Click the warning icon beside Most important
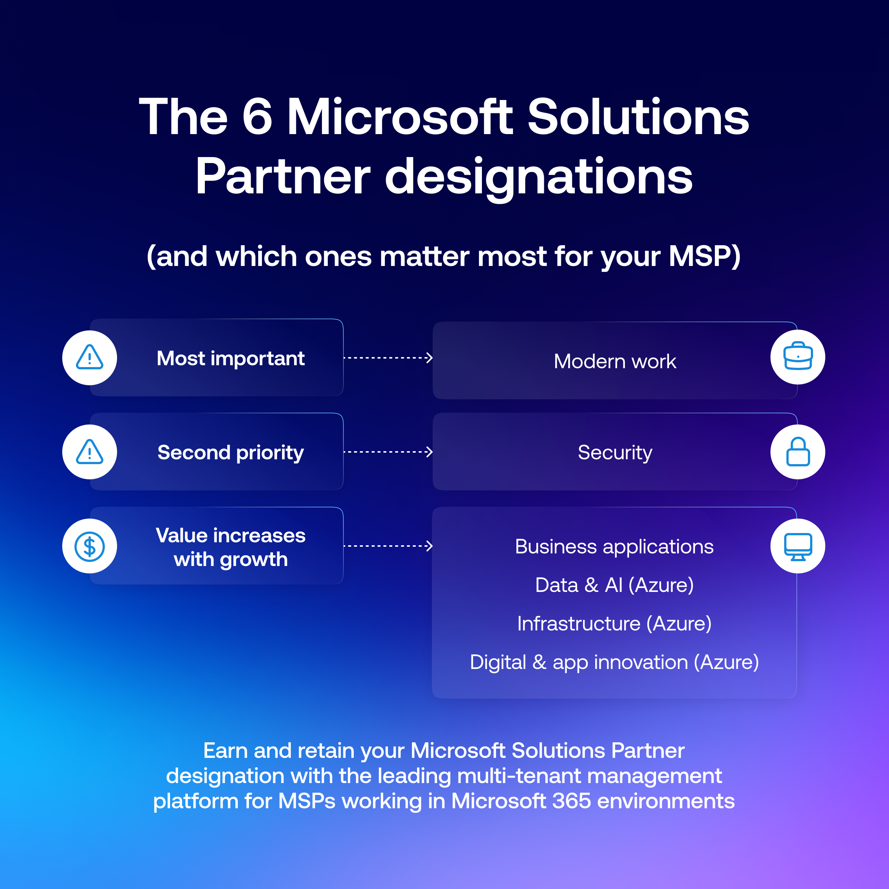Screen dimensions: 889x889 coord(89,357)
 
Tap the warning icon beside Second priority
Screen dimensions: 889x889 coord(89,452)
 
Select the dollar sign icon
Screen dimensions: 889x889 coord(89,546)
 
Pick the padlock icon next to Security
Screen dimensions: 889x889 coord(798,452)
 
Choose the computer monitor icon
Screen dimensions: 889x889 coord(798,547)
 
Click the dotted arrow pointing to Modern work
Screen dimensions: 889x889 coord(388,357)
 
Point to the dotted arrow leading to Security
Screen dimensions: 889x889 coord(388,452)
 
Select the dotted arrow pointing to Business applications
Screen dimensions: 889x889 coord(388,546)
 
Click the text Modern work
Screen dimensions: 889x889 coord(615,361)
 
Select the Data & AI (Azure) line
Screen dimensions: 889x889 coord(614,585)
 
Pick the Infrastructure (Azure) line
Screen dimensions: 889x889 coord(614,624)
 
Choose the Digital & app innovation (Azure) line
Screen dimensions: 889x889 coord(614,663)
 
